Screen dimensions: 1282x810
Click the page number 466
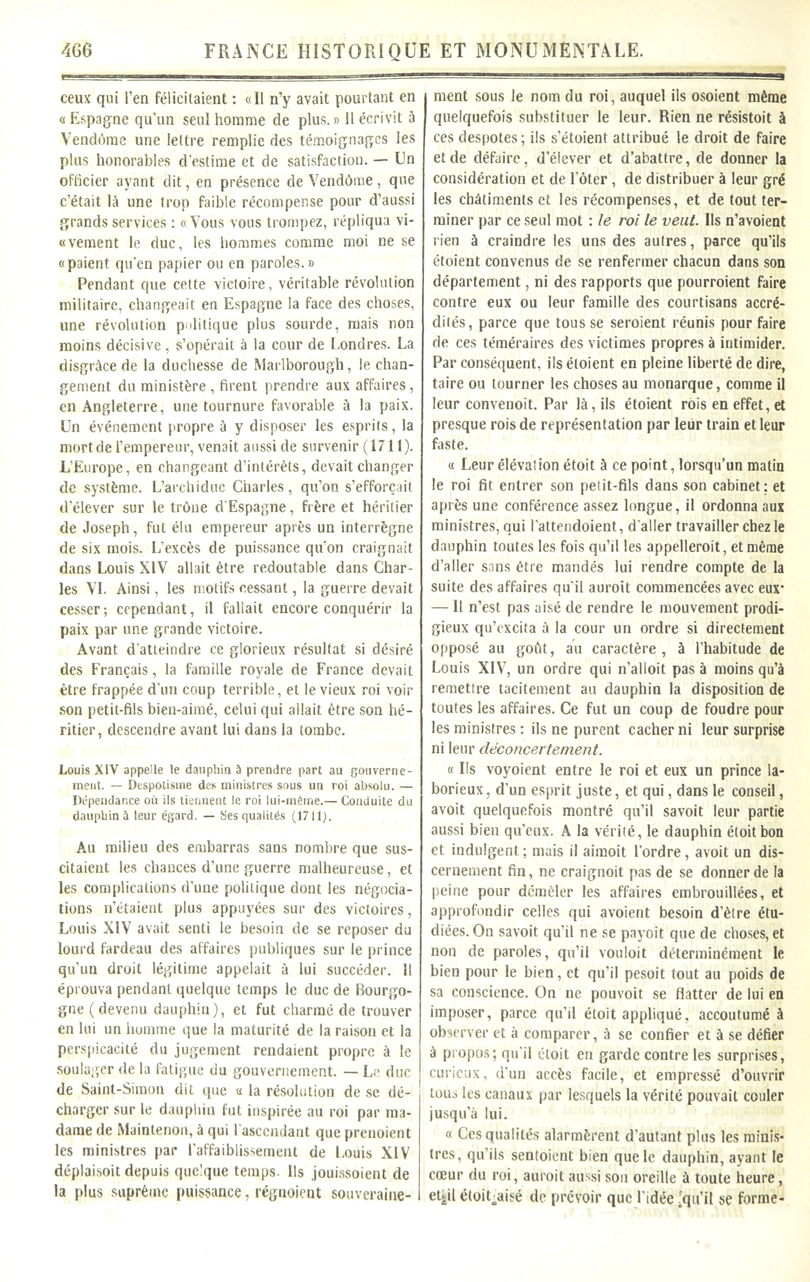pos(76,50)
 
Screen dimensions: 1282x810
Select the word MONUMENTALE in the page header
pos(560,50)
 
